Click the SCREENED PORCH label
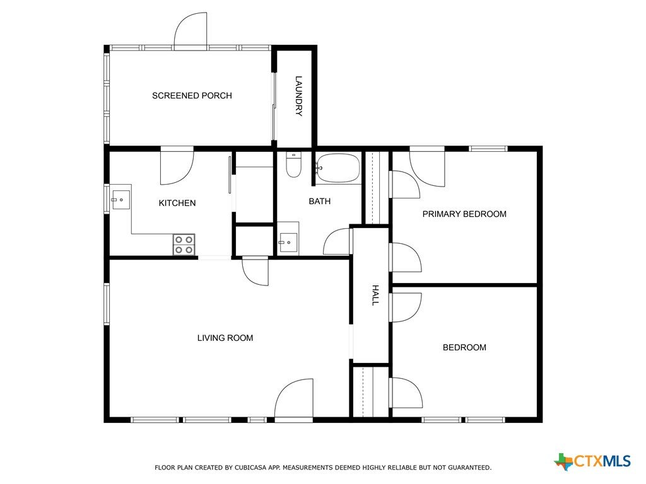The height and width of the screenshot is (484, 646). coord(192,96)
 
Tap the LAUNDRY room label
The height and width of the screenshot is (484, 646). coord(298,96)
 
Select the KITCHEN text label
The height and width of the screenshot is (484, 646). coord(177,203)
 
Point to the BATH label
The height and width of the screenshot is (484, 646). coord(320,201)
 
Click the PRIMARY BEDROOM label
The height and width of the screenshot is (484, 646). coord(464,214)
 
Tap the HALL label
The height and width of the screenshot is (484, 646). coord(375,295)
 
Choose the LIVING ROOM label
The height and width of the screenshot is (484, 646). coord(225,338)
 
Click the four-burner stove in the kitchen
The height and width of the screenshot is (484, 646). coord(184,245)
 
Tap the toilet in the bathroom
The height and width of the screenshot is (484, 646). coord(294,164)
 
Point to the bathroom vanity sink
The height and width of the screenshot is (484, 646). coord(288,243)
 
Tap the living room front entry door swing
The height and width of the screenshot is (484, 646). coord(294,398)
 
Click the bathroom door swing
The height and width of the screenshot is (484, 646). coord(337,241)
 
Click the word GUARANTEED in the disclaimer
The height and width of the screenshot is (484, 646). coord(469,468)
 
